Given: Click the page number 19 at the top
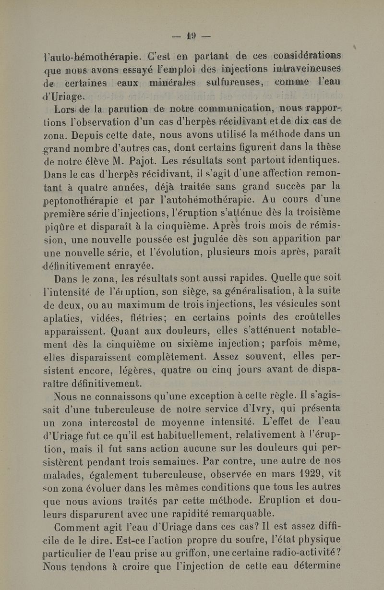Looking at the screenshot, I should [x=192, y=36].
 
